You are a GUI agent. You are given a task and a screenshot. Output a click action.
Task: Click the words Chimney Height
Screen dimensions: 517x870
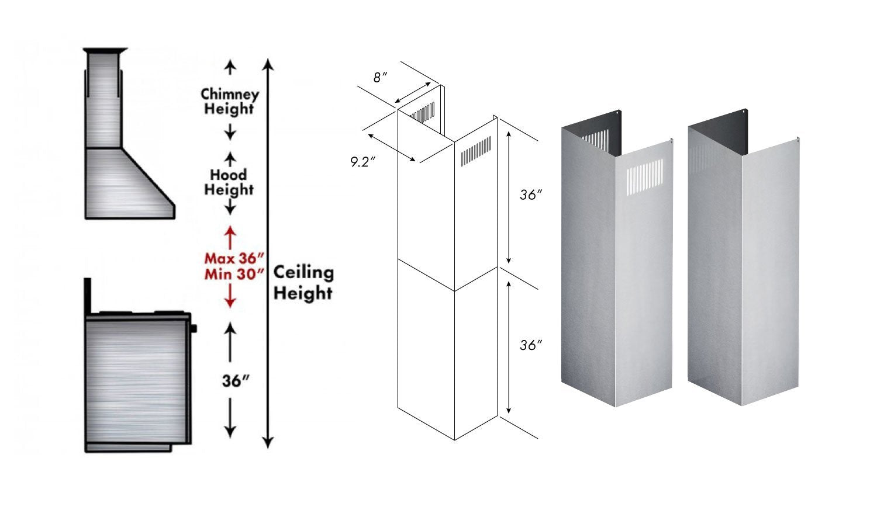[x=229, y=101]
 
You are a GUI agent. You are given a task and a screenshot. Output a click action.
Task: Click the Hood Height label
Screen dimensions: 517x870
[x=229, y=182]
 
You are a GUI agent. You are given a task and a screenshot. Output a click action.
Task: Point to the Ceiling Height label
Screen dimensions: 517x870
[x=303, y=282]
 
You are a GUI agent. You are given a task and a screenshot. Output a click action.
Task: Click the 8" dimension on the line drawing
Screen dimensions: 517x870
[x=381, y=77]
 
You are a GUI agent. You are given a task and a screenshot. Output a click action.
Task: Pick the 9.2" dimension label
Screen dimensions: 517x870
[x=362, y=162]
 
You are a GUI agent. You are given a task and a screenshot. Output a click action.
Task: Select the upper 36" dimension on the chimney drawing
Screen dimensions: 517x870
[x=528, y=195]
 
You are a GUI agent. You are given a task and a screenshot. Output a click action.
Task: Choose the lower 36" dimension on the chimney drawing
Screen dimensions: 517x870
[x=528, y=345]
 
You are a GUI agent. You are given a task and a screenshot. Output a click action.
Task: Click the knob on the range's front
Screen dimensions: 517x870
[x=194, y=328]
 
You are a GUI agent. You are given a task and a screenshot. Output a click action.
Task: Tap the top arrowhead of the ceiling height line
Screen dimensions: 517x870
[x=268, y=64]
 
